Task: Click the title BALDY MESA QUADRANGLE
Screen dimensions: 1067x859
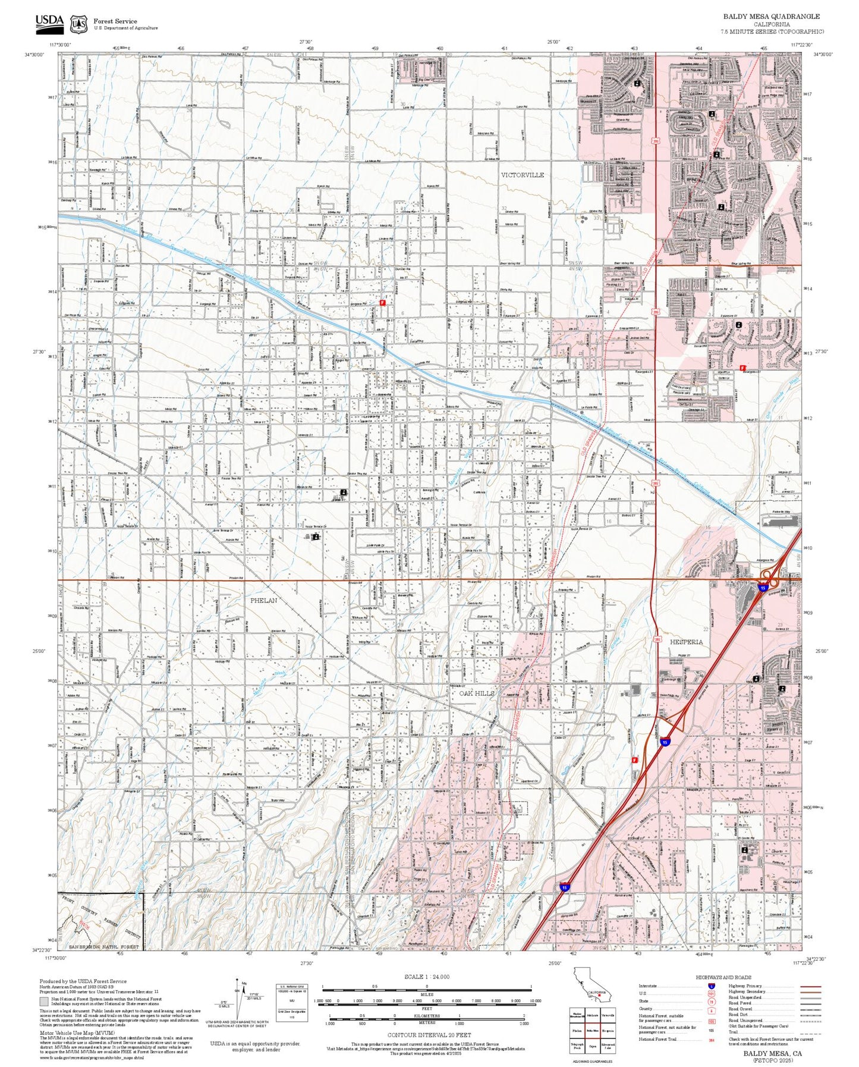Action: coord(771,17)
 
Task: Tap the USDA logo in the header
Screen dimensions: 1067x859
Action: coord(49,22)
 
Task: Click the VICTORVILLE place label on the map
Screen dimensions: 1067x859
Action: coord(522,175)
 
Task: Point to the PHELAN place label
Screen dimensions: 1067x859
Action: coord(263,600)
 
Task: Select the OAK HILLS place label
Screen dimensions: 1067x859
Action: coord(477,693)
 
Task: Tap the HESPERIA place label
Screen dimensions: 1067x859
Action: coord(686,642)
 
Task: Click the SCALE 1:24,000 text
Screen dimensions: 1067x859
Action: coord(426,977)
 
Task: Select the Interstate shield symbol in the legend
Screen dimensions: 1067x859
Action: coord(711,986)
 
